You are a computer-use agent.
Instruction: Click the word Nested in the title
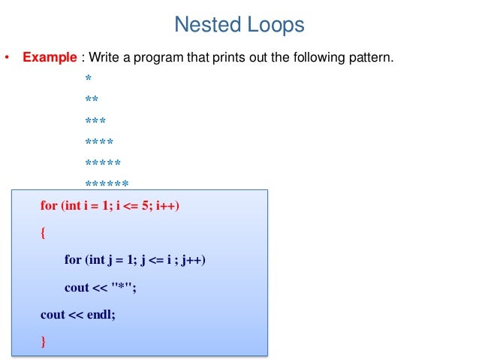tap(202, 26)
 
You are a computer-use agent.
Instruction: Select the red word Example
tap(50, 57)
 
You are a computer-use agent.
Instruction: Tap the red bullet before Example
tap(8, 58)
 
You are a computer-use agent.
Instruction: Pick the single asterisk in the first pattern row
tap(88, 79)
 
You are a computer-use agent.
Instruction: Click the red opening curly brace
tap(43, 233)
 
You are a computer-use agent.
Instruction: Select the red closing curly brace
tap(43, 342)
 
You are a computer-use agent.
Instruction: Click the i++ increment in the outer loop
tap(167, 205)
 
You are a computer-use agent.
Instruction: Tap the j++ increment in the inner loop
tap(191, 260)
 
